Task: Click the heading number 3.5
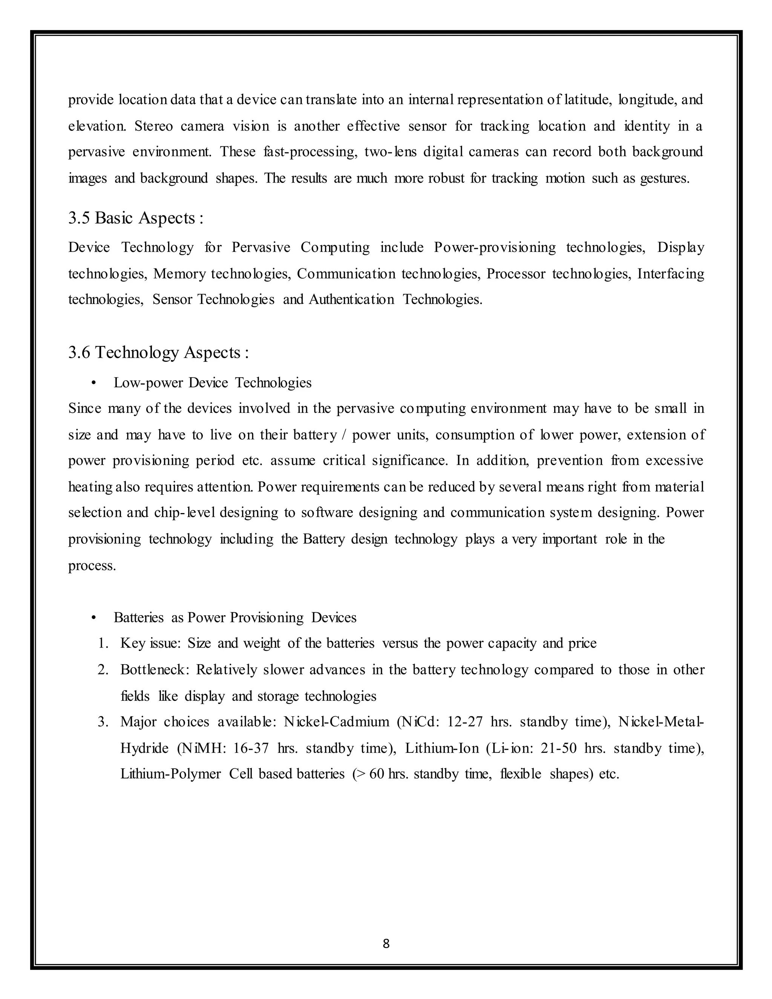pyautogui.click(x=79, y=218)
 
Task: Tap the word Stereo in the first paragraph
pyautogui.click(x=153, y=126)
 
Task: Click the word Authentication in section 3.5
pyautogui.click(x=351, y=300)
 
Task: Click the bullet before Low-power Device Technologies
pyautogui.click(x=94, y=383)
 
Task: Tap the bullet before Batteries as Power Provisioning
pyautogui.click(x=94, y=618)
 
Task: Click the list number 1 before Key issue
pyautogui.click(x=103, y=644)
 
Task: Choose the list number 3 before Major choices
pyautogui.click(x=103, y=722)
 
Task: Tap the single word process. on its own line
pyautogui.click(x=92, y=566)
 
